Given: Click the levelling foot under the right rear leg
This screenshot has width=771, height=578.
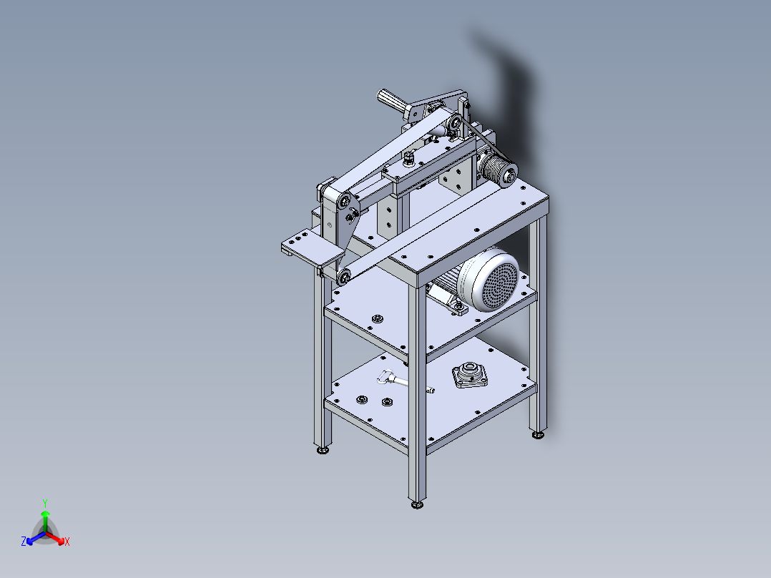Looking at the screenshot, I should tap(537, 435).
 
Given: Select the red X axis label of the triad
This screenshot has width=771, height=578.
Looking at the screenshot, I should tap(67, 542).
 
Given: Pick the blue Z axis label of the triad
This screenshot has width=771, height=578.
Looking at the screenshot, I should tap(24, 542).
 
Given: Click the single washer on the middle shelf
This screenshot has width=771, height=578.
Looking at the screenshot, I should tap(377, 318).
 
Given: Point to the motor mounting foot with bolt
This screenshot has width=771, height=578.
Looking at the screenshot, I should tap(458, 308).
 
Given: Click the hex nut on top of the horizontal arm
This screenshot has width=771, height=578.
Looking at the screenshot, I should tap(408, 158).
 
